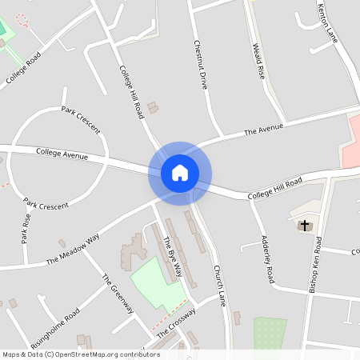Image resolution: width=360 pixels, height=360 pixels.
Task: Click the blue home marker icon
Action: point(180,173)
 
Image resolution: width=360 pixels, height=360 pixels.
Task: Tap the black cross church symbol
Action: point(305,225)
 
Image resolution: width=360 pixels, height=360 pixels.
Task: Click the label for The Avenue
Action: point(264,128)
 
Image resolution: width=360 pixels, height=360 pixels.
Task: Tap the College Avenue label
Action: point(62,153)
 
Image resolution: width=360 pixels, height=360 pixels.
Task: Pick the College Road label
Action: point(22,68)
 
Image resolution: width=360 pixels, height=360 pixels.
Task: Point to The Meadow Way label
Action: point(73,249)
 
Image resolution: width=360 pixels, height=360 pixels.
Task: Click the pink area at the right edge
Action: point(352,136)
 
